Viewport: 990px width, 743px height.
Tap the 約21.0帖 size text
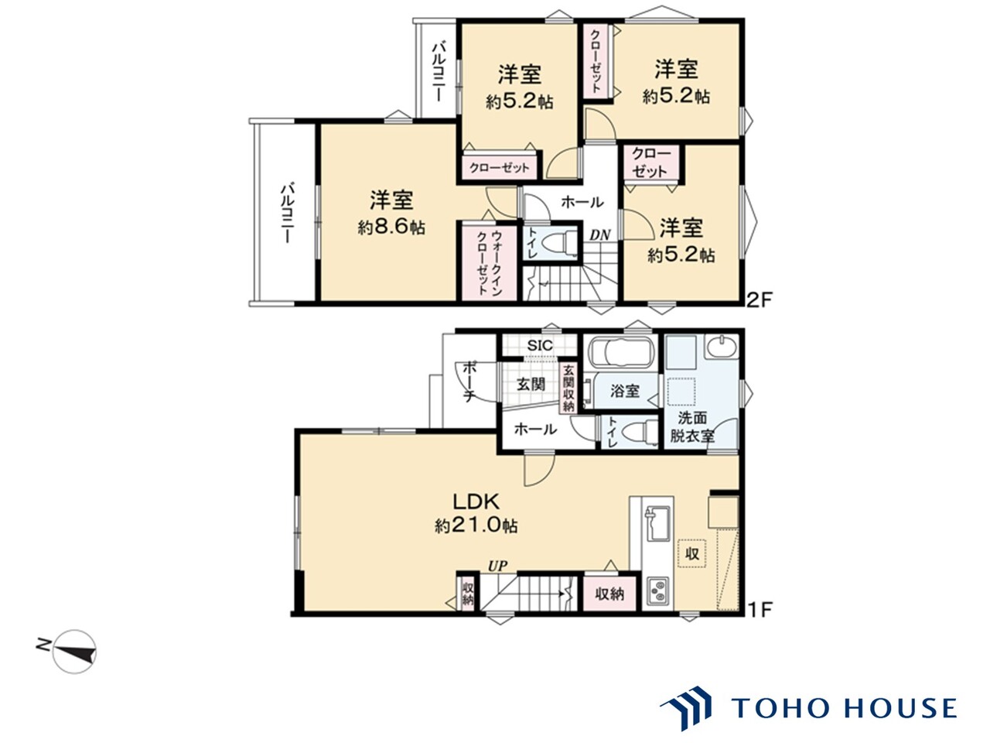click(x=476, y=526)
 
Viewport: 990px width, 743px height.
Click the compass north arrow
click(x=75, y=651)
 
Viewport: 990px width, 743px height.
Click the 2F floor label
click(x=758, y=299)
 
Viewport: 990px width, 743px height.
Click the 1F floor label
click(x=759, y=610)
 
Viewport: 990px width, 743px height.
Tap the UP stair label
click(x=497, y=567)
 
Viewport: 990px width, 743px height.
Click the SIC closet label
click(x=539, y=345)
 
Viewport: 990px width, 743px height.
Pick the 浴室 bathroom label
click(x=625, y=391)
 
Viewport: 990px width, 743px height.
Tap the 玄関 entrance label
click(x=531, y=384)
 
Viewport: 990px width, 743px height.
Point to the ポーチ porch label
click(x=469, y=382)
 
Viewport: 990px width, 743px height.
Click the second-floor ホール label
click(x=582, y=203)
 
